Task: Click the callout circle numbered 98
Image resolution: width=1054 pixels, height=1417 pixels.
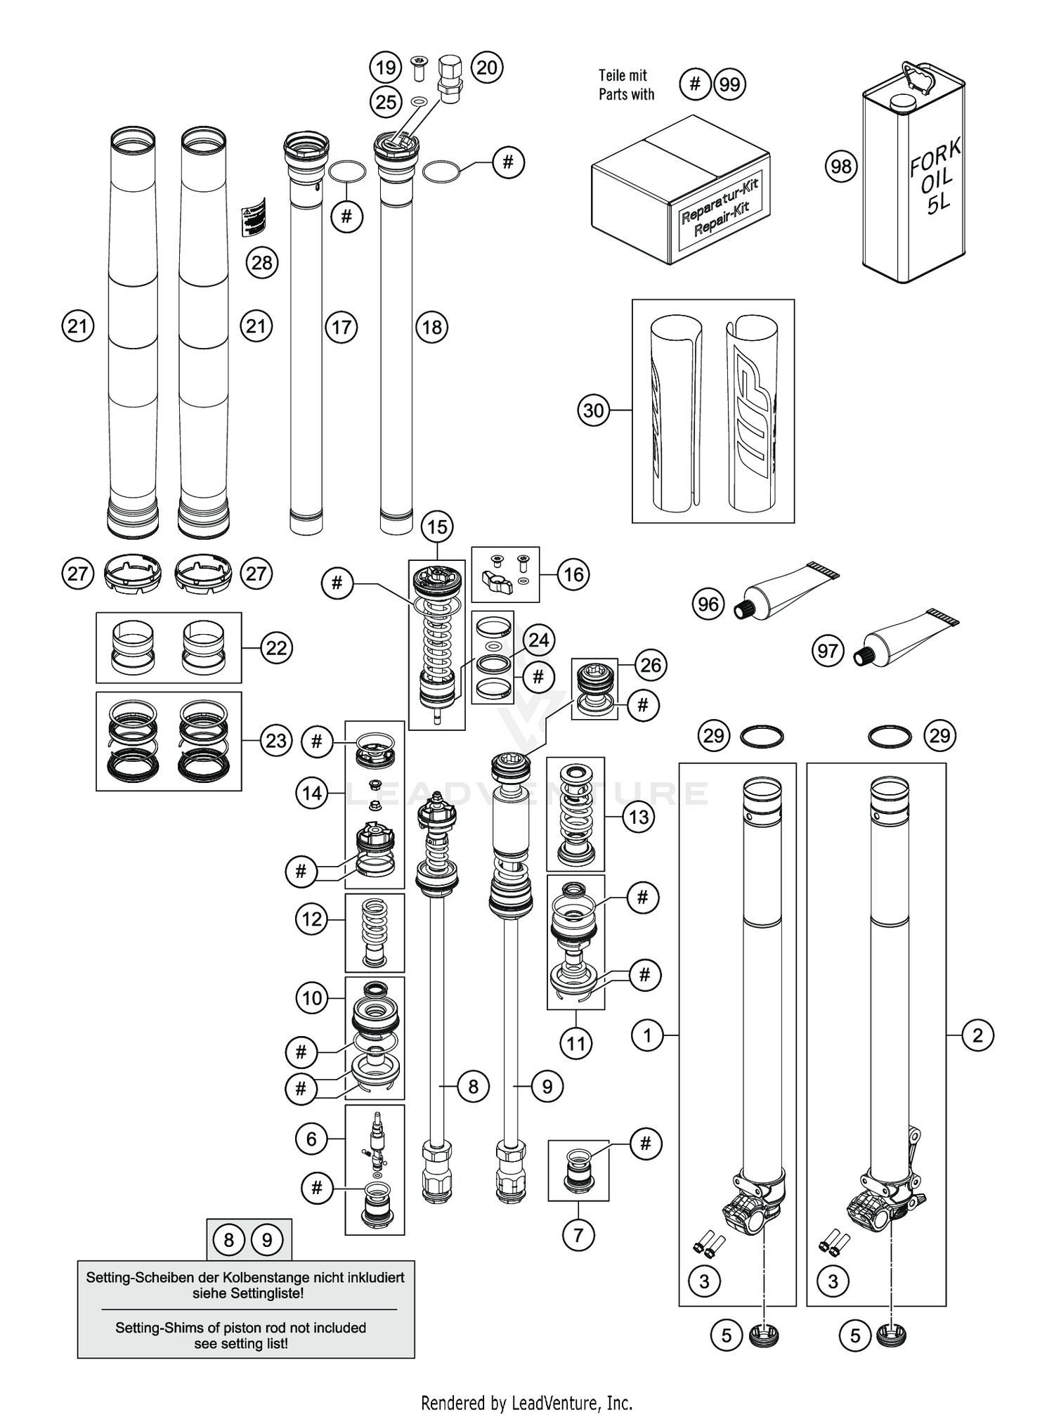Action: coord(840,167)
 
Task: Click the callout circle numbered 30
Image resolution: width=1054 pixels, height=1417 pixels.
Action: coord(594,410)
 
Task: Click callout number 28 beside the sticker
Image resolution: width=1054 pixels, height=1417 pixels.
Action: coord(262,263)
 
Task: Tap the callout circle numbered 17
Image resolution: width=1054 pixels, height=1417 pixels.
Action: coord(341,327)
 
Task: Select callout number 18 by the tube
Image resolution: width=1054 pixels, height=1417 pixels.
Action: coord(431,327)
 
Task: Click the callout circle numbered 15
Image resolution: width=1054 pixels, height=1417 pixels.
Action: coord(437,526)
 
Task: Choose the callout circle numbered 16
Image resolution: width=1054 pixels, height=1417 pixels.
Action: coord(573,574)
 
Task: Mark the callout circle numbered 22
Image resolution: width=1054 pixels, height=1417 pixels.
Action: coord(276,647)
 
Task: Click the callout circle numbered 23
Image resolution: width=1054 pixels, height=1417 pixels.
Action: coord(276,740)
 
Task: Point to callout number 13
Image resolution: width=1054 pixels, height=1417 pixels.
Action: coord(638,817)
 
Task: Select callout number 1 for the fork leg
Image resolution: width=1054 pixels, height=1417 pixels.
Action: coord(647,1035)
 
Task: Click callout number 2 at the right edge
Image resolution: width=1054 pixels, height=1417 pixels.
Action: coord(977,1035)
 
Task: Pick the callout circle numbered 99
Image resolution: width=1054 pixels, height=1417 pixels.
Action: coord(729,84)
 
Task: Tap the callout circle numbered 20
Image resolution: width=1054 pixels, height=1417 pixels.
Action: coord(487,67)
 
